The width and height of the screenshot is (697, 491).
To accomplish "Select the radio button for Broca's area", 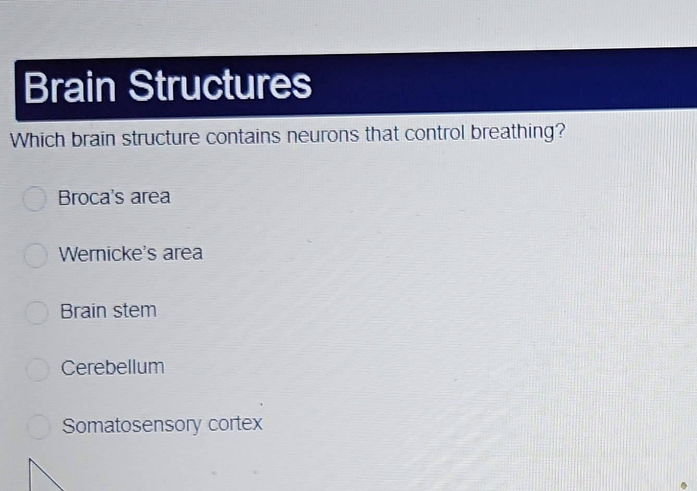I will [x=35, y=199].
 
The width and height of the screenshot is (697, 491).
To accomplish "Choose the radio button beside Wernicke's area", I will [x=36, y=255].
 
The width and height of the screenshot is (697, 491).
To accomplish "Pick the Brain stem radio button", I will [x=37, y=312].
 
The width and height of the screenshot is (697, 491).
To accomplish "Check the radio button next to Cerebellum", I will [x=38, y=369].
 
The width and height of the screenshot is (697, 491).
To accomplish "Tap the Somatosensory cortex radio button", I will [x=39, y=427].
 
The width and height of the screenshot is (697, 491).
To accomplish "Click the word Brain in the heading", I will [x=70, y=86].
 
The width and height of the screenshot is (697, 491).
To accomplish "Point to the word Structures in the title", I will [x=220, y=84].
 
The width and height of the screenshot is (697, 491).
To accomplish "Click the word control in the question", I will [x=433, y=134].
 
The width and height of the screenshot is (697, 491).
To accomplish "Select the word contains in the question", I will [x=245, y=137].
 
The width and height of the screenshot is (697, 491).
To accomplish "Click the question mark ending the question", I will [x=559, y=132].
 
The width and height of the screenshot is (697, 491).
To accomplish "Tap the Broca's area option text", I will [x=114, y=198].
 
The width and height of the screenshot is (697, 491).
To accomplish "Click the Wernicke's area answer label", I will [x=131, y=254].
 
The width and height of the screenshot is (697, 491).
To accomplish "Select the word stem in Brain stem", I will [x=134, y=311].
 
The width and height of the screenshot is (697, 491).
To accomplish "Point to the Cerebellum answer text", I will [x=113, y=367].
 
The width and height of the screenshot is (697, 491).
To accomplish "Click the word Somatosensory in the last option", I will [x=131, y=425].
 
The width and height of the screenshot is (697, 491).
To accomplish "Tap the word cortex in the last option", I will [x=235, y=423].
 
